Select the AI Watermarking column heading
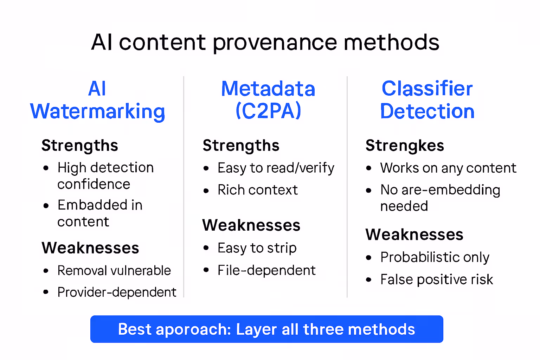(x=97, y=100)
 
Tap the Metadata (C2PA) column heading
(x=268, y=100)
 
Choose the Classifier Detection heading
(x=427, y=100)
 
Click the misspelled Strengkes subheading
(x=405, y=146)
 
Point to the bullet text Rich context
(x=257, y=190)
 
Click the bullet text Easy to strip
(x=257, y=248)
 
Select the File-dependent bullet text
(x=266, y=270)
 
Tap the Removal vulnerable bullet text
(x=114, y=271)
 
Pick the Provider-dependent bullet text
(x=117, y=292)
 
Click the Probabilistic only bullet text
(x=435, y=257)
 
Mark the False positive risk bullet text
(x=437, y=280)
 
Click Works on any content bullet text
(x=448, y=168)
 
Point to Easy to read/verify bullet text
(x=276, y=168)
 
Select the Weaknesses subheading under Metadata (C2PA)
(x=251, y=225)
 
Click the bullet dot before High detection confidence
(x=46, y=168)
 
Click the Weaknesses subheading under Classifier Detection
(x=414, y=234)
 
